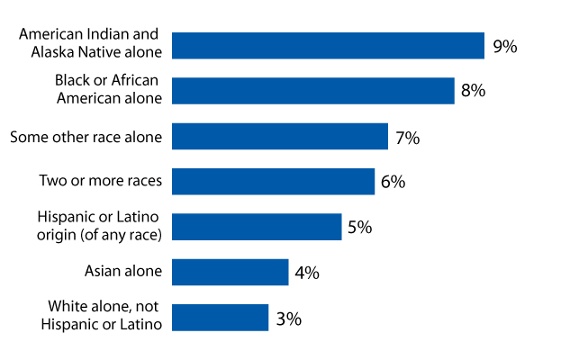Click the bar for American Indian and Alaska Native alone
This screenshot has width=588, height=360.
click(328, 46)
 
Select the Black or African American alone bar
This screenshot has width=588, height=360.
click(312, 91)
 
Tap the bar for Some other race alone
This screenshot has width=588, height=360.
click(279, 137)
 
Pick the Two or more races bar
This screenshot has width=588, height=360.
click(273, 181)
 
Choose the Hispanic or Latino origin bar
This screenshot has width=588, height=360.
click(257, 227)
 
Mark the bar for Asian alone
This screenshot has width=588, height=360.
click(230, 272)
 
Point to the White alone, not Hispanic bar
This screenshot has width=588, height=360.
click(220, 317)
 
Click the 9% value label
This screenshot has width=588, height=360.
click(504, 47)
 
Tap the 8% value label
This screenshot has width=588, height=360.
click(473, 92)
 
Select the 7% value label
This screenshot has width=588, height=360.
click(407, 138)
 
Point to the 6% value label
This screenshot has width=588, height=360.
click(393, 182)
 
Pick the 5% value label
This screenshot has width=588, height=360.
click(360, 228)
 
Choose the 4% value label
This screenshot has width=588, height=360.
click(307, 273)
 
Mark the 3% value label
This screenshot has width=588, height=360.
click(288, 318)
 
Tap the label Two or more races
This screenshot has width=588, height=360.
click(100, 181)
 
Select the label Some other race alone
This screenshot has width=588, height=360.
click(86, 137)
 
